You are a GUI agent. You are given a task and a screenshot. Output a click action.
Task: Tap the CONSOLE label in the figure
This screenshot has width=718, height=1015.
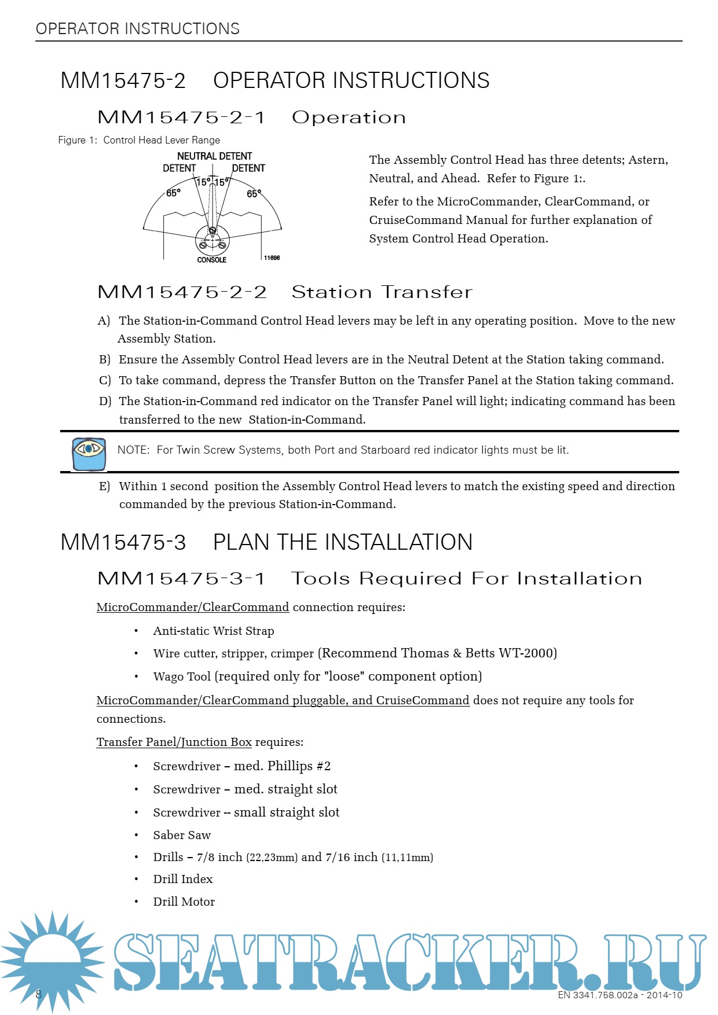point(211,260)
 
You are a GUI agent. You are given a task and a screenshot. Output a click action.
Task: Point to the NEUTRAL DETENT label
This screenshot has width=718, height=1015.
point(214,156)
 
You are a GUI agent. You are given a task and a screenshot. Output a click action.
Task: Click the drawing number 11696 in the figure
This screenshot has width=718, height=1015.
point(272,258)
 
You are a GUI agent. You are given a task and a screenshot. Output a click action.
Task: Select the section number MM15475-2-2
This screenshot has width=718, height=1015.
point(182,292)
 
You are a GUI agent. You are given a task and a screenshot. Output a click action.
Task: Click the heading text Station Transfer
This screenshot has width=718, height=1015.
point(382,292)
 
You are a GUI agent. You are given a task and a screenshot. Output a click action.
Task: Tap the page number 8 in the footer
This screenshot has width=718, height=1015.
point(39,994)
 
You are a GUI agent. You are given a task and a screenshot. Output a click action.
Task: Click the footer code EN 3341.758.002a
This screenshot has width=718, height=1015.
point(598,995)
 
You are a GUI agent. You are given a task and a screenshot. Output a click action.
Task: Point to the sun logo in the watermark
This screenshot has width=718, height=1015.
point(52,961)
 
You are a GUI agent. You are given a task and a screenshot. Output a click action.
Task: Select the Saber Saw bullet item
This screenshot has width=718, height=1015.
point(182,835)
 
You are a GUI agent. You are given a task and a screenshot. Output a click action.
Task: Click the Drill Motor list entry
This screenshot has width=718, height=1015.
point(184,902)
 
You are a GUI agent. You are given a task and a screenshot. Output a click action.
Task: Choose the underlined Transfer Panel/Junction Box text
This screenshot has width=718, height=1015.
point(174,742)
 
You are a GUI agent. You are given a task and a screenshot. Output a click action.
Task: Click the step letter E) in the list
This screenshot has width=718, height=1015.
point(104,487)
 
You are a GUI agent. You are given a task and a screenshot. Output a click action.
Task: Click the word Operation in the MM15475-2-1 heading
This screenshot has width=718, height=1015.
point(349,117)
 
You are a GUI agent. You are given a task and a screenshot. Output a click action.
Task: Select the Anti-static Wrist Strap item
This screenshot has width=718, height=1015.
point(213,631)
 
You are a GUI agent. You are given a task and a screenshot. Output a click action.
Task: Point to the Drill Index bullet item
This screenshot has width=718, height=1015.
point(182,879)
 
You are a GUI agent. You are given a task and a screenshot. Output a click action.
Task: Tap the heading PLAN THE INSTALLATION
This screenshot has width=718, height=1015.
point(343,542)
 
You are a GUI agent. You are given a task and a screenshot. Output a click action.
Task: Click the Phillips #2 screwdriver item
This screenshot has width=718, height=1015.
point(241,766)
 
